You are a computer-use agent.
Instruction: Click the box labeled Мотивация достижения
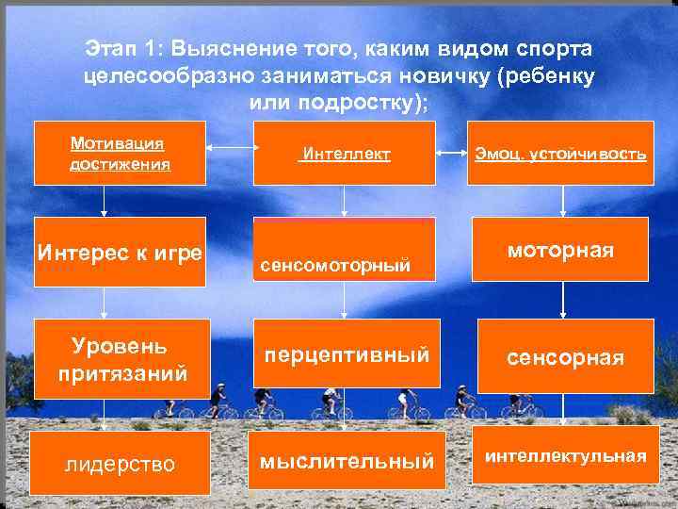point(120,153)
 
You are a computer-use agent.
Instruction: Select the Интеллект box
point(345,153)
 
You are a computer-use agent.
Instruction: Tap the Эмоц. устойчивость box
point(560,153)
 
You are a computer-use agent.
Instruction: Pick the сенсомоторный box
point(345,250)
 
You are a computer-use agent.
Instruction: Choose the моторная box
point(560,250)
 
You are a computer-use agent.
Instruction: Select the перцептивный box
point(345,353)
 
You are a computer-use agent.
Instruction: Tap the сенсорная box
point(565,356)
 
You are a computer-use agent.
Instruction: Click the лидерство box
point(121,463)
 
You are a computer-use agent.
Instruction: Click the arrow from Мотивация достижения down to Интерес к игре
point(105,200)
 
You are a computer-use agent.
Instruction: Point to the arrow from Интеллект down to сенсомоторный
point(345,200)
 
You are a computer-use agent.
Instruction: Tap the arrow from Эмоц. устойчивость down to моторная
point(562,200)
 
